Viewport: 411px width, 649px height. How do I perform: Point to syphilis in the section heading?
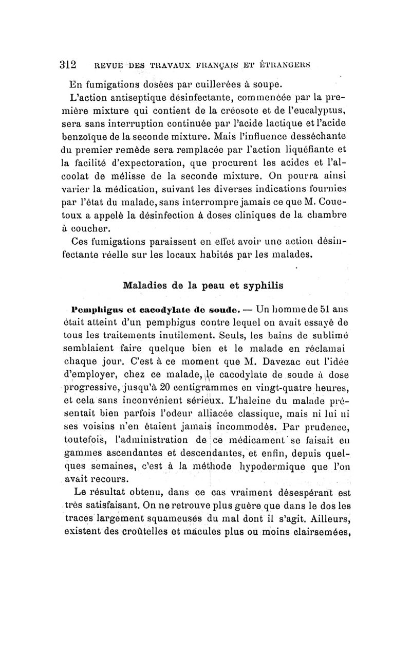tap(261, 285)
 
